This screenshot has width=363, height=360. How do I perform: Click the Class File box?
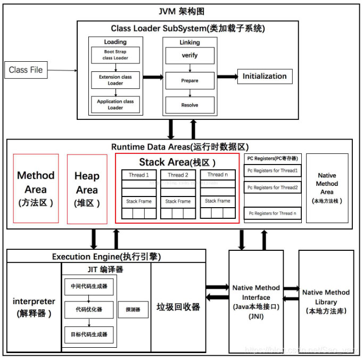[26, 70]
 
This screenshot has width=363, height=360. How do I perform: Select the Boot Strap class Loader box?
[115, 55]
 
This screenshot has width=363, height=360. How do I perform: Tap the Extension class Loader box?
[115, 80]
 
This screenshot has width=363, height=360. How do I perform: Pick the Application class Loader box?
[115, 104]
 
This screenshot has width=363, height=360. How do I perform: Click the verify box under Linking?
[190, 55]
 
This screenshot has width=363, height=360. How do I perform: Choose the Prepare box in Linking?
[190, 80]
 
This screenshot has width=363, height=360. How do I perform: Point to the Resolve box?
[190, 105]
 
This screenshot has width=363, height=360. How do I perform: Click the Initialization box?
[265, 76]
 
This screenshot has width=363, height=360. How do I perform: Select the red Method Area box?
[36, 189]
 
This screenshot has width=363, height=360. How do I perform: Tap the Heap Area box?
[87, 189]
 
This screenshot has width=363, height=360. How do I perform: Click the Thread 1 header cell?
[139, 175]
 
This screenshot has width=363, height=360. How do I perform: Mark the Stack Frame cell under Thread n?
[218, 201]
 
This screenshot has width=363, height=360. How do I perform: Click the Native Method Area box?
[327, 188]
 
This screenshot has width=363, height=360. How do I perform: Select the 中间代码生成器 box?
[89, 286]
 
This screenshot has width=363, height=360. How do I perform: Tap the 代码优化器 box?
[89, 309]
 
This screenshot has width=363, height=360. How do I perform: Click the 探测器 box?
[133, 309]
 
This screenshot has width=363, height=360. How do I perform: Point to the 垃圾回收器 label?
[178, 307]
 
